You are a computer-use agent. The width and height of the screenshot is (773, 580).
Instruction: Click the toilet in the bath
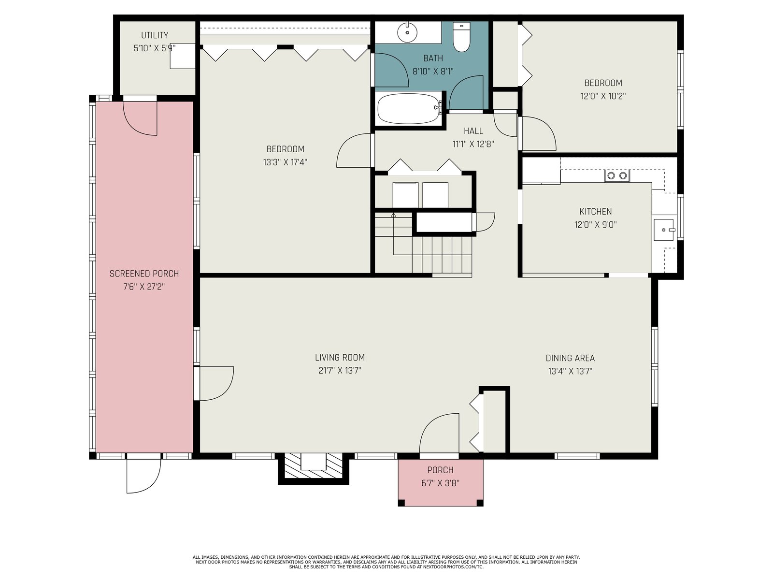coord(461,37)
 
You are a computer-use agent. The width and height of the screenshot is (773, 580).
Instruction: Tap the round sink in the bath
coord(407,32)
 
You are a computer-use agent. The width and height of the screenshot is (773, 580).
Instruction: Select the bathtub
coord(409,108)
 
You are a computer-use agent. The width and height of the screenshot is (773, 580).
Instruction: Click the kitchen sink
coord(664,230)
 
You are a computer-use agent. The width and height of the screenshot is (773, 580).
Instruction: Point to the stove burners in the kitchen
coord(617,175)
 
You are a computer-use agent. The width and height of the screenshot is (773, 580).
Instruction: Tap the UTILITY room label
coord(155,35)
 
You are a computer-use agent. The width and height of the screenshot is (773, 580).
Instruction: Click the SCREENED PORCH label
coord(144,274)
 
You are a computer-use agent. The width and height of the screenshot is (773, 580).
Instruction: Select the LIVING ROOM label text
coord(340,358)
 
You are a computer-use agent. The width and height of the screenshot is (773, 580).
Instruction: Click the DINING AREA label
coord(570,358)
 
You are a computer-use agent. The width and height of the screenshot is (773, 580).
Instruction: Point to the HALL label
coord(473,131)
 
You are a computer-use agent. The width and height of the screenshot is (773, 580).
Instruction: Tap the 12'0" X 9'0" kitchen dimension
coord(596,225)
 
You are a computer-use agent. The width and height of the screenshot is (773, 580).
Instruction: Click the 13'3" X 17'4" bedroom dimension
coord(285,162)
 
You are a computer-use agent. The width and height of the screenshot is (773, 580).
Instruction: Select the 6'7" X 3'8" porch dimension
coord(440,483)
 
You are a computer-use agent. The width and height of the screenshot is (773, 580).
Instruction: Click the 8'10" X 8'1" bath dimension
coord(433,72)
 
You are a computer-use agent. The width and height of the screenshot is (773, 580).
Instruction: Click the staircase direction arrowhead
coord(393,215)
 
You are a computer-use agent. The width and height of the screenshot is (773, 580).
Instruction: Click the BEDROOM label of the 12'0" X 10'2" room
coord(603,83)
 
